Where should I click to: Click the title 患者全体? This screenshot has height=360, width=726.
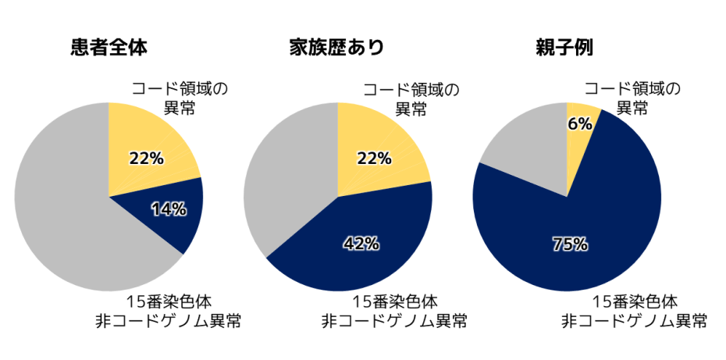coord(109,48)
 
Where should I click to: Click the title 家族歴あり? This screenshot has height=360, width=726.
coord(336,48)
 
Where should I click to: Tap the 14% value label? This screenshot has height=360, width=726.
coord(169,209)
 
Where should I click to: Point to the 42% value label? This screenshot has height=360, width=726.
coord(361,244)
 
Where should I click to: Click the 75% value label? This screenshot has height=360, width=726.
coord(569,244)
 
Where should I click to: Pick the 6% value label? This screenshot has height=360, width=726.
coord(579,123)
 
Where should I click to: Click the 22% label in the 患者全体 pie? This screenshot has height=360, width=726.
coord(146,159)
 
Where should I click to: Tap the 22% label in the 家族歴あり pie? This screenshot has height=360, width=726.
coord(374,159)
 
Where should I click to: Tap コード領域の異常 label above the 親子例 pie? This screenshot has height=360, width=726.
coord(632,98)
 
